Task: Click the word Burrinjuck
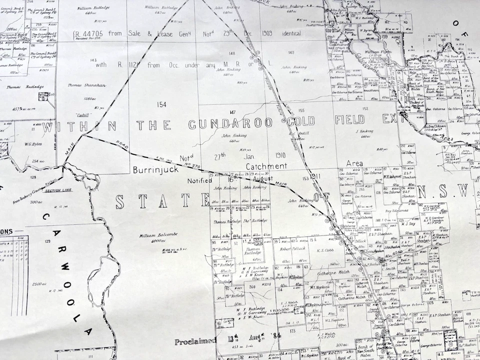(155, 170)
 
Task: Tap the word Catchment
(266, 166)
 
